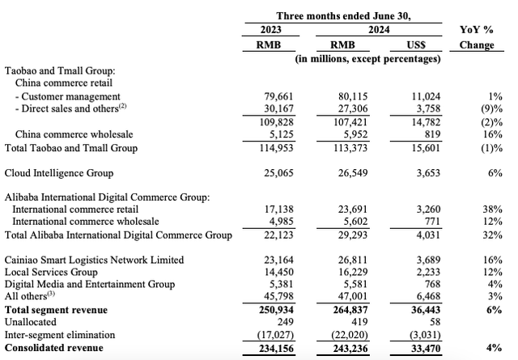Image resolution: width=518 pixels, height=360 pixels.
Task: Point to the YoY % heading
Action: (476, 30)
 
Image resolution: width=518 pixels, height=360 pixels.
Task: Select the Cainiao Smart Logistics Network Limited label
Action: (94, 260)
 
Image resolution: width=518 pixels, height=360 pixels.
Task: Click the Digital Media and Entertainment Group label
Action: (90, 284)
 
